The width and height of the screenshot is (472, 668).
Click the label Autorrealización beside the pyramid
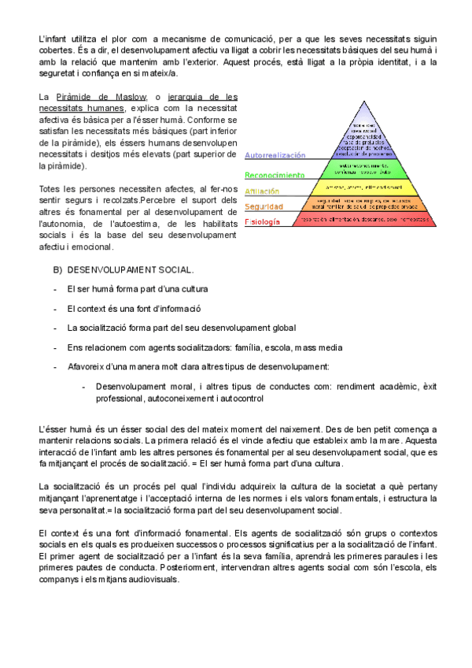275,156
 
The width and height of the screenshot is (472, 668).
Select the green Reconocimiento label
275,175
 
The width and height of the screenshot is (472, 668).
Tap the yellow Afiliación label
263,191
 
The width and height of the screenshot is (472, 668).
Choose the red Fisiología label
262,222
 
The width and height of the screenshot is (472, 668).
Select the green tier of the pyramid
363,169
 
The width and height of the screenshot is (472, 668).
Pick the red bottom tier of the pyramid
363,219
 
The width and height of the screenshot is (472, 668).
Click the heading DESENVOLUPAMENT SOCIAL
131,270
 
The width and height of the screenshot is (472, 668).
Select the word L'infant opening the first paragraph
53,39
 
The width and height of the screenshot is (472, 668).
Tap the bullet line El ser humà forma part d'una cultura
138,289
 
